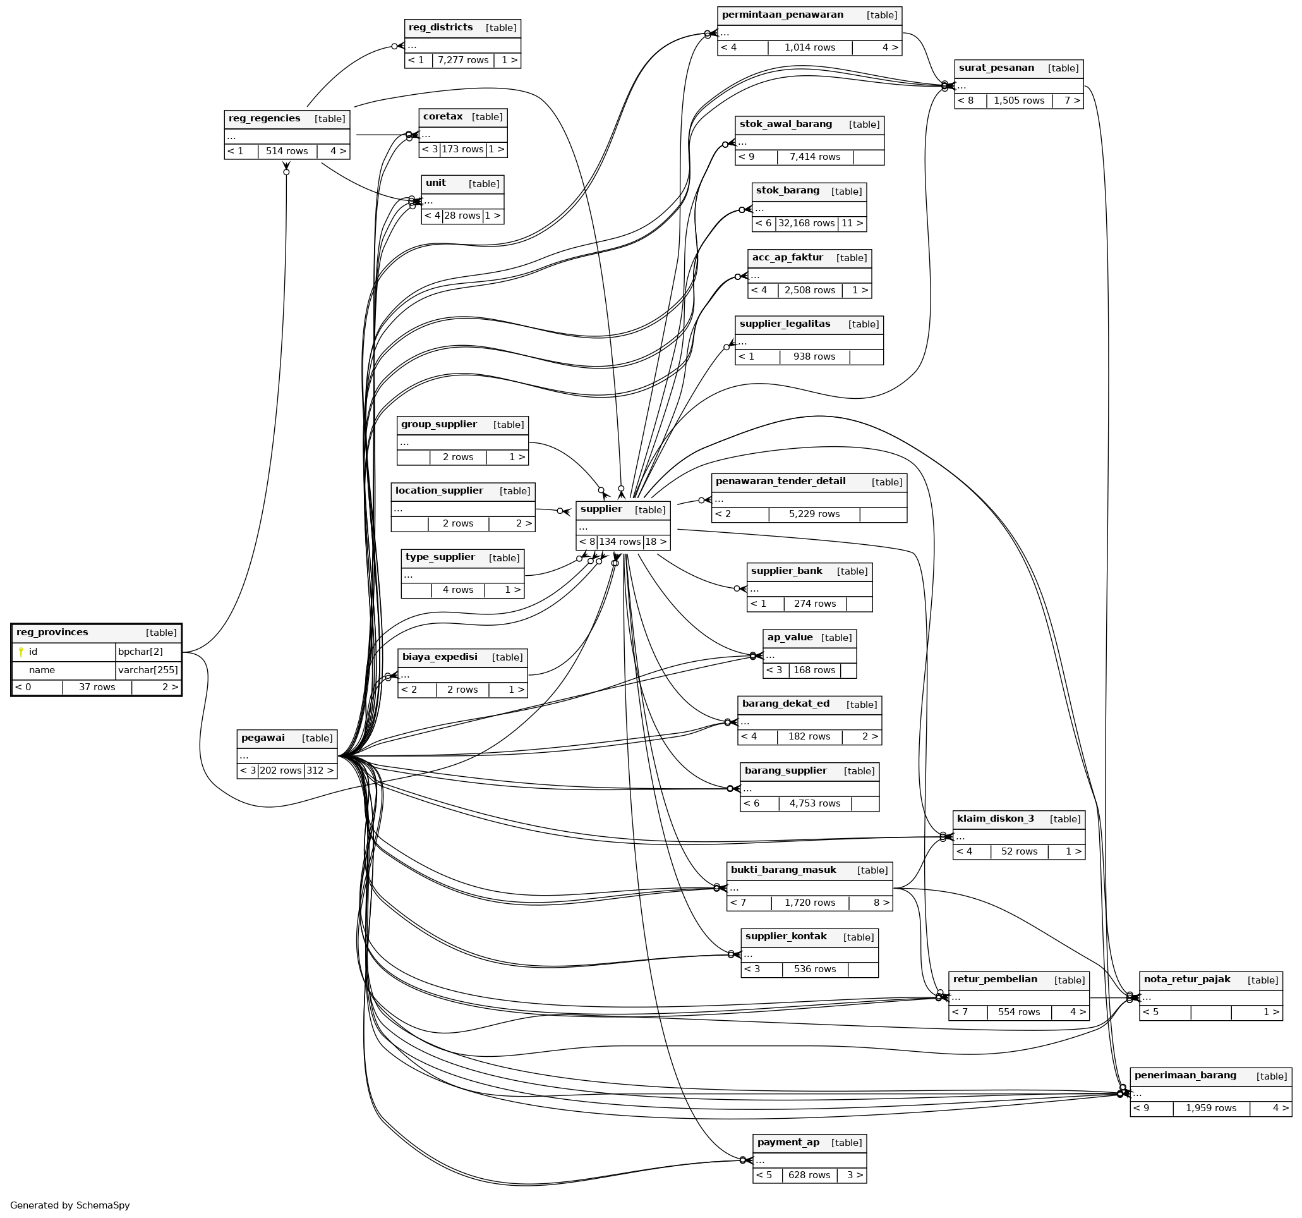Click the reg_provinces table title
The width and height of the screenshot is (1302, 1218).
(x=52, y=632)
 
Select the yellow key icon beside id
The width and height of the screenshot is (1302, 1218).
(x=21, y=652)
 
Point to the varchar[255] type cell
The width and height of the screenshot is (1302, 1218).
(x=148, y=670)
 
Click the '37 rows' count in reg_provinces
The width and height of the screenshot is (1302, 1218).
(x=97, y=687)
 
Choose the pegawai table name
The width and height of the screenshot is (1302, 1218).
(x=263, y=738)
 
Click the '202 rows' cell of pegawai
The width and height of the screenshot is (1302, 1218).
(x=280, y=770)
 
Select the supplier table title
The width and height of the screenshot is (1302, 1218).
(x=601, y=509)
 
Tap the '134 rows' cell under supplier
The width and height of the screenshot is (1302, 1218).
(x=620, y=542)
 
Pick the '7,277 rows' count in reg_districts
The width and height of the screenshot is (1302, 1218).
(x=463, y=60)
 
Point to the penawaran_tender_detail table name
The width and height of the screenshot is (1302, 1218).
(x=780, y=481)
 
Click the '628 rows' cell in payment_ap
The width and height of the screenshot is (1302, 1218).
(x=809, y=1175)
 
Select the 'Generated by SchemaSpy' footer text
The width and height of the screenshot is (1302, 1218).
(x=70, y=1205)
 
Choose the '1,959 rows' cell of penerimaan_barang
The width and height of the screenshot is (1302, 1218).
(x=1211, y=1108)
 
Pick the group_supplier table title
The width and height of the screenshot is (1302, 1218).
(x=439, y=424)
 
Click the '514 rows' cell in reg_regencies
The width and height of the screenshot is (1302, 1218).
(x=287, y=151)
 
